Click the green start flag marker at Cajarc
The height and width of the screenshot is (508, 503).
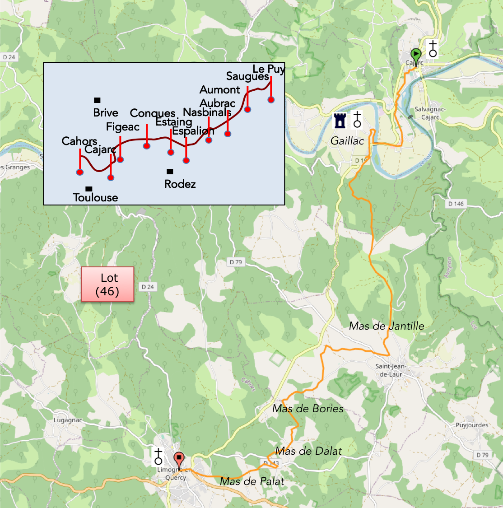[x=415, y=56]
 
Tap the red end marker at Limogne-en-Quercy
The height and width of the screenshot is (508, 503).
[x=179, y=459]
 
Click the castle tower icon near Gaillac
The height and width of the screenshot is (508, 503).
[x=340, y=121]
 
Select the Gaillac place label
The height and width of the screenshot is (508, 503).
[x=347, y=141]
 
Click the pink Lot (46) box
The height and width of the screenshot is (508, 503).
[x=107, y=284]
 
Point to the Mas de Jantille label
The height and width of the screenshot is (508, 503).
[x=387, y=326]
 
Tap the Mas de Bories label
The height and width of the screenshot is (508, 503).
[x=308, y=409]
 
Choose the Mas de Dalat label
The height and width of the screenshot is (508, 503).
[x=309, y=451]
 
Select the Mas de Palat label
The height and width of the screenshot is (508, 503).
[x=252, y=481]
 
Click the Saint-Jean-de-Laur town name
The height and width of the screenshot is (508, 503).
[x=391, y=370]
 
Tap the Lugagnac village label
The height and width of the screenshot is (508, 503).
[x=68, y=420]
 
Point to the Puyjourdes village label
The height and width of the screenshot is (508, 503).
[x=472, y=425]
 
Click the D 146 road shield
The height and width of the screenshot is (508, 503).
[x=456, y=204]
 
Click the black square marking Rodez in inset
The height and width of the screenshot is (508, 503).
[x=170, y=172]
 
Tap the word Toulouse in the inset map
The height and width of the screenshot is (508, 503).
[x=95, y=197]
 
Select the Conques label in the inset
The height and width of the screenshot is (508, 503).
[x=153, y=113]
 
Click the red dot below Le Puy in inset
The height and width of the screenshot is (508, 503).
[x=271, y=100]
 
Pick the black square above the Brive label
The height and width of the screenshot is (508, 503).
[x=97, y=100]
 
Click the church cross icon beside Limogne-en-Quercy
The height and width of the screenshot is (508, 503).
[x=158, y=456]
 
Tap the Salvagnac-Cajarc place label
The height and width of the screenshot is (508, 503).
[x=430, y=113]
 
